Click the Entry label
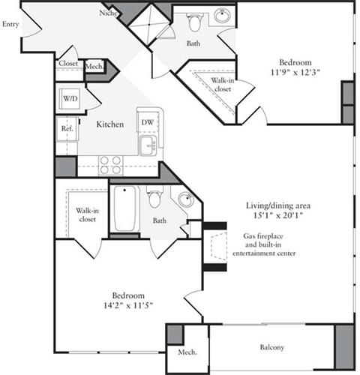click(10, 24)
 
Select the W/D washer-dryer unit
click(70, 98)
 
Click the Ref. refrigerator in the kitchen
click(67, 127)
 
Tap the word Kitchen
click(109, 124)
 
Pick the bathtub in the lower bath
click(124, 209)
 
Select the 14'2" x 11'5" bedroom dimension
click(124, 305)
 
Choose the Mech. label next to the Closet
click(94, 66)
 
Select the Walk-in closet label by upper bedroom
click(220, 85)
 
